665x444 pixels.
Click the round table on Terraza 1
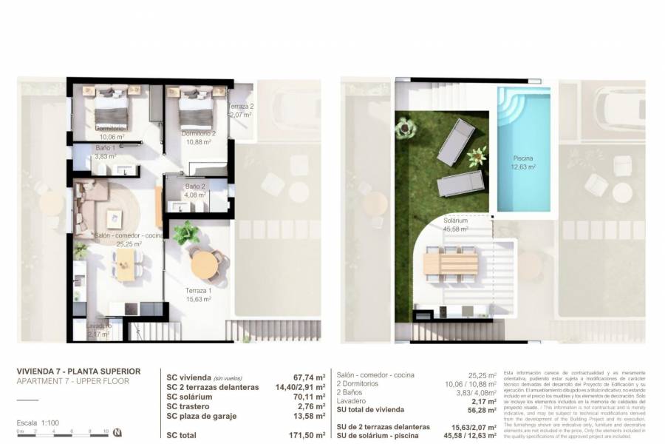coord(205,264)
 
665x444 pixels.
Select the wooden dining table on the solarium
coord(450,263)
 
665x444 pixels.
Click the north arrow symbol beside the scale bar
coord(117,432)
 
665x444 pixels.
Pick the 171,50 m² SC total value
coord(305,436)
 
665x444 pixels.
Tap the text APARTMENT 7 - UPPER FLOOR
coord(73,381)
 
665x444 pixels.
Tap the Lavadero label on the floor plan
coord(98,326)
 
